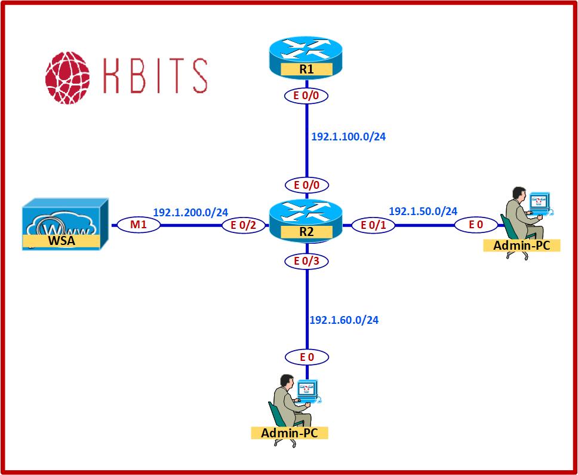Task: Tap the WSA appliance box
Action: pyautogui.click(x=65, y=224)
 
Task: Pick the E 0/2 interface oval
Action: pyautogui.click(x=242, y=225)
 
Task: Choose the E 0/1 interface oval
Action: pyautogui.click(x=370, y=225)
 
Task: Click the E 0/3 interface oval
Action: pyautogui.click(x=306, y=261)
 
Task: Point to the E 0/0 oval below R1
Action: pyautogui.click(x=306, y=96)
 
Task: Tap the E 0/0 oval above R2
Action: pyautogui.click(x=306, y=185)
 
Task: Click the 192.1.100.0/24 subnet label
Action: pyautogui.click(x=348, y=136)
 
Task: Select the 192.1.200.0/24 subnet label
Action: pyautogui.click(x=190, y=212)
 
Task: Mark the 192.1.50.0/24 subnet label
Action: pyautogui.click(x=423, y=211)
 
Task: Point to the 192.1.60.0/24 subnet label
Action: pyautogui.click(x=343, y=320)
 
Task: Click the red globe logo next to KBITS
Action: pyautogui.click(x=67, y=76)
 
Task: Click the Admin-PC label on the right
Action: pyautogui.click(x=522, y=245)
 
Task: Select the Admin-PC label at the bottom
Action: pyautogui.click(x=290, y=433)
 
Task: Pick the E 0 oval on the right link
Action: pyautogui.click(x=475, y=225)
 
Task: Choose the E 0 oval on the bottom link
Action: pyautogui.click(x=306, y=357)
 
